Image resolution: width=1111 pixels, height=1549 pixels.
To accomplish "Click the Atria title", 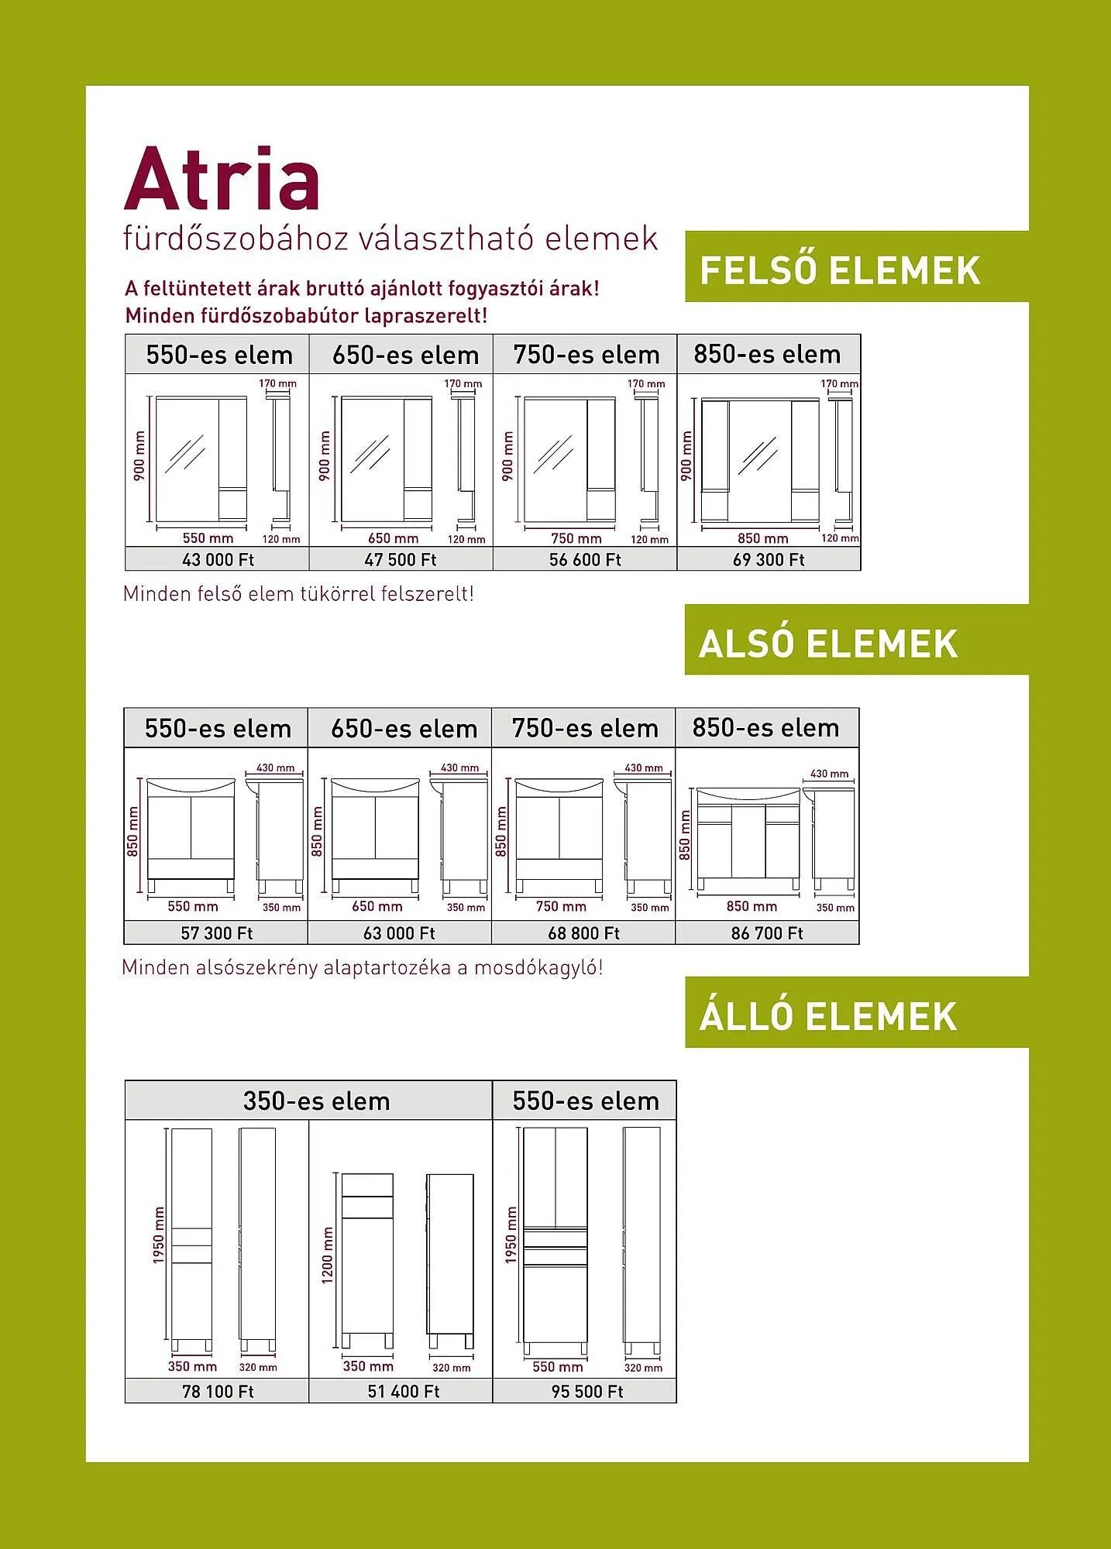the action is coord(222,179).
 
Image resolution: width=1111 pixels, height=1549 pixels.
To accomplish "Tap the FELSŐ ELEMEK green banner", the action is coord(857,266).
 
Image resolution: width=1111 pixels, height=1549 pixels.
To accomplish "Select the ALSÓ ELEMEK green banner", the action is coord(857,640).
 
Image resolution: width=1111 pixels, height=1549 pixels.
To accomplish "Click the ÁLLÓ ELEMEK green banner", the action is coord(857,1012).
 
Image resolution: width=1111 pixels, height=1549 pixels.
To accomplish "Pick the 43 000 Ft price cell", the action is coord(218,559).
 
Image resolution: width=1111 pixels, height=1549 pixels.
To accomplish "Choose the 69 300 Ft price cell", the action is coord(769,559).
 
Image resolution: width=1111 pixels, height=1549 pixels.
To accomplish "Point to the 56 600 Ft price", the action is coord(585,559).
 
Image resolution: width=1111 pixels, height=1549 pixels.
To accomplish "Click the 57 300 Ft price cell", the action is coord(216,932).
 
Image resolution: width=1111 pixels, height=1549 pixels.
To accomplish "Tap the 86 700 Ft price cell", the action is coord(767,932).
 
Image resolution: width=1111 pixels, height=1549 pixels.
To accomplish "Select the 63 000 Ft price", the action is coord(400,933).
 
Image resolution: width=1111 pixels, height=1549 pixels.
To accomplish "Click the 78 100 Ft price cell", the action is coord(217,1391).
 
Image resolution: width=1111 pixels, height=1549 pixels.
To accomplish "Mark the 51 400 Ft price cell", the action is coord(401,1391).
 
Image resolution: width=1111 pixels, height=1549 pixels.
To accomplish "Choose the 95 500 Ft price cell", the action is coord(585,1391).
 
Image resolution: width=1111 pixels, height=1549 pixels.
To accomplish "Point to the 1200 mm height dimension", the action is coord(327,1255).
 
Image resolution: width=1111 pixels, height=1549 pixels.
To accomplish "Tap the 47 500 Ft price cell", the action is coord(401,559).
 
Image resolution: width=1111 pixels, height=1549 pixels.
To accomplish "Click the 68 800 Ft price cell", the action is coord(583,932).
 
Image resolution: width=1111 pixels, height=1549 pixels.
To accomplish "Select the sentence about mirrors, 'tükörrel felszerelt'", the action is coord(298,594).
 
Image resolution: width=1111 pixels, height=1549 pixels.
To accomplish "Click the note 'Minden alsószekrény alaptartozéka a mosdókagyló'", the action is coord(362,967).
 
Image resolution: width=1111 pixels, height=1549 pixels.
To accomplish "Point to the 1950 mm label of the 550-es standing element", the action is coord(511,1235).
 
